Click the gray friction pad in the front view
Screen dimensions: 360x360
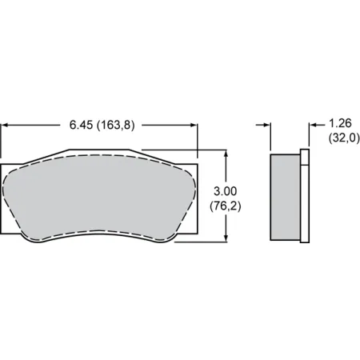point(100,196)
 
